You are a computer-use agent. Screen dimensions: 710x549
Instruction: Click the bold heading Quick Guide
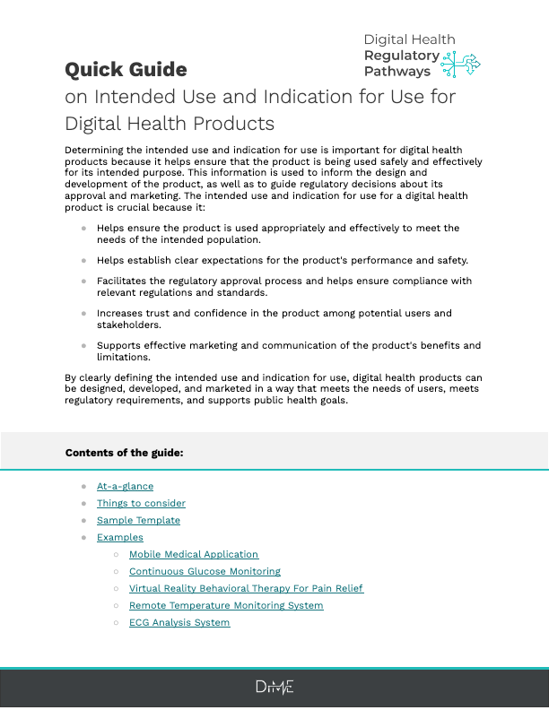(x=126, y=69)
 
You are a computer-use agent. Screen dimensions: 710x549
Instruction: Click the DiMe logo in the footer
(x=274, y=688)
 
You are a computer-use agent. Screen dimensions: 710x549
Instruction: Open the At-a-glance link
(x=125, y=486)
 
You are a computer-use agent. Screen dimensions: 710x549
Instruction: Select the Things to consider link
(x=141, y=503)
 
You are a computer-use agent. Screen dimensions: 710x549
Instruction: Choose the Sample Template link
(x=138, y=520)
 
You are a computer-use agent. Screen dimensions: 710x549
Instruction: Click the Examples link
(x=120, y=537)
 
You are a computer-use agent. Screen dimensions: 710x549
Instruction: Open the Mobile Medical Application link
(x=194, y=554)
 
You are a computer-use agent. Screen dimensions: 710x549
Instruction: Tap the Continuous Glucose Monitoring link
(x=205, y=571)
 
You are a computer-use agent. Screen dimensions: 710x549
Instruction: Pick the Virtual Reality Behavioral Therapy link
(x=246, y=588)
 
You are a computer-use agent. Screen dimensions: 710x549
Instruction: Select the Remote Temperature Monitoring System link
(x=226, y=605)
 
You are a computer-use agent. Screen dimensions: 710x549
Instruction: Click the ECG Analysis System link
(x=179, y=622)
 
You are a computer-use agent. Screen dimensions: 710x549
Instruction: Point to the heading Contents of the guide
(x=124, y=453)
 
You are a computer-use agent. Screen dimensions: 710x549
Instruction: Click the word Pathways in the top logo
(x=397, y=71)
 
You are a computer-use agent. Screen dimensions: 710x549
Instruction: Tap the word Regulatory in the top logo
(x=401, y=56)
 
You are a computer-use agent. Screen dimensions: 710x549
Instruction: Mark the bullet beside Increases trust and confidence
(x=84, y=314)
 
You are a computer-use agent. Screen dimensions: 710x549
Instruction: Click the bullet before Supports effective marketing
(x=84, y=345)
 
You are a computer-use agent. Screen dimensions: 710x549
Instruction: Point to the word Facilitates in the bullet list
(x=123, y=281)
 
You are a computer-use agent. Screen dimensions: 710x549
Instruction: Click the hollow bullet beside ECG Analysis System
(x=117, y=622)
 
